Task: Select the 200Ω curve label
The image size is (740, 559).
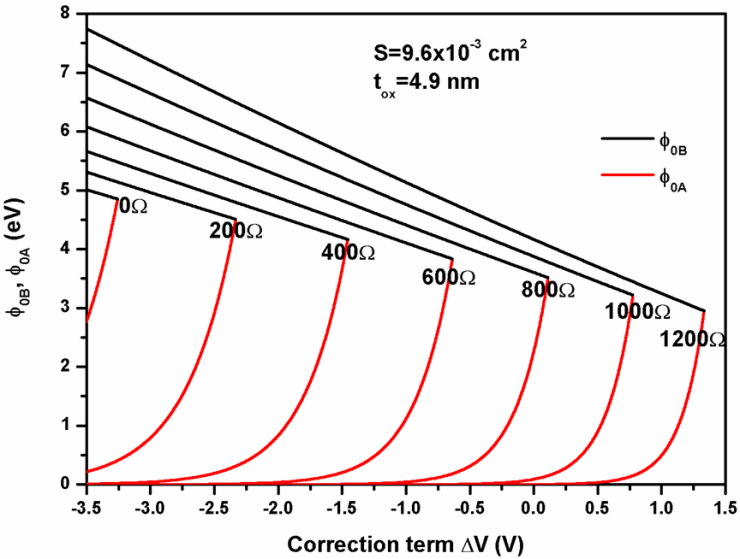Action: click(236, 230)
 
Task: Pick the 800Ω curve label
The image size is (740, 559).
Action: click(548, 291)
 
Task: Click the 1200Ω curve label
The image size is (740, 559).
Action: click(691, 340)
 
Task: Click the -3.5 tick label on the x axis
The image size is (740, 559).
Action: click(86, 506)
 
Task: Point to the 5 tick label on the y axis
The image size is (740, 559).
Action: click(65, 189)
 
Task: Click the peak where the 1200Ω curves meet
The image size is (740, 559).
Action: click(704, 311)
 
